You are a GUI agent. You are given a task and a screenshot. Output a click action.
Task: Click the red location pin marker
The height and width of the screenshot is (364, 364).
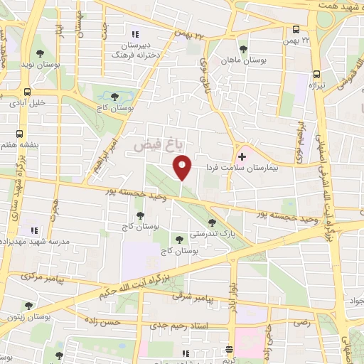coord(182,168)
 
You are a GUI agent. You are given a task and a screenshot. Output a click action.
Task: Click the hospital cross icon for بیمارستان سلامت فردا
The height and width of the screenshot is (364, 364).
coord(242,155)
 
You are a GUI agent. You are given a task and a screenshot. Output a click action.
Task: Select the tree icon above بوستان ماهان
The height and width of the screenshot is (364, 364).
coord(244,49)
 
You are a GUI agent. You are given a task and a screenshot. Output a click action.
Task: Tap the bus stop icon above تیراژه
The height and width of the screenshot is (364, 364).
coord(316,74)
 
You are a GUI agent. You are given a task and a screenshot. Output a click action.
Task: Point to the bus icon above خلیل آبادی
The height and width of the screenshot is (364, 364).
coord(27,92)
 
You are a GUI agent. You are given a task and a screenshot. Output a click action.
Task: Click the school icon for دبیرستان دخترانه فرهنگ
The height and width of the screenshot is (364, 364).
coord(135,33)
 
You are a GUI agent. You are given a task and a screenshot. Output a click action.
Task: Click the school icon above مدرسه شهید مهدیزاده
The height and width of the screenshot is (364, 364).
coord(33,230)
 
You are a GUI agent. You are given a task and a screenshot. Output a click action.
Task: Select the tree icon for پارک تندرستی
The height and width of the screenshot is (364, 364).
coord(212,223)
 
